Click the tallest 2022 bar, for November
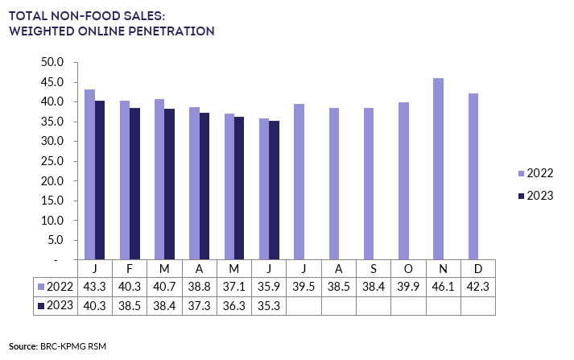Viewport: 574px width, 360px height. pyautogui.click(x=439, y=169)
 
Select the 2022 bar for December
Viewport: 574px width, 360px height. pyautogui.click(x=473, y=176)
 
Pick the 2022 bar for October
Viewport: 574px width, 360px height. pyautogui.click(x=403, y=181)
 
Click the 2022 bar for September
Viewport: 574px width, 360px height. pyautogui.click(x=369, y=184)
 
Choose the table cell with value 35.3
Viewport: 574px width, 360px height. pyautogui.click(x=269, y=306)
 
